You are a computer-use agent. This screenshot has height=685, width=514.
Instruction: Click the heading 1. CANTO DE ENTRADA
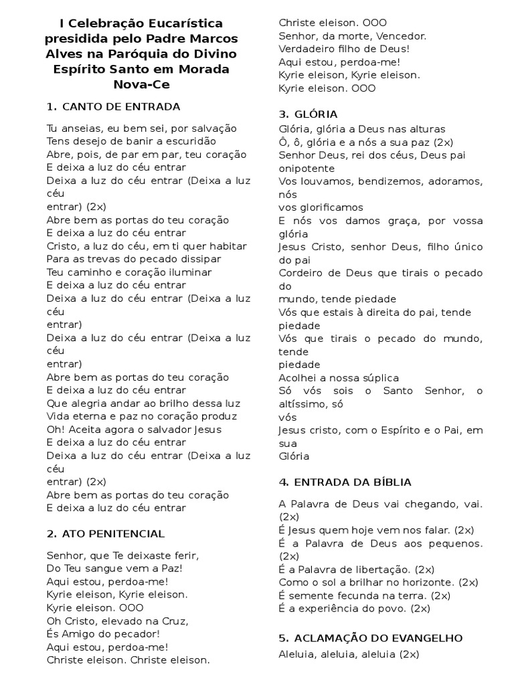(114, 106)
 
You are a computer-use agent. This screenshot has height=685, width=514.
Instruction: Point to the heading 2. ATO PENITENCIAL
(106, 534)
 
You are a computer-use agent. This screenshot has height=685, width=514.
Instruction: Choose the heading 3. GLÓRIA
(308, 114)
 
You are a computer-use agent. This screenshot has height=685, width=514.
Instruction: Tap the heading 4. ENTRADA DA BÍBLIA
(345, 482)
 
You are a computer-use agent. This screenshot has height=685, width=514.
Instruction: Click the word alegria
(91, 403)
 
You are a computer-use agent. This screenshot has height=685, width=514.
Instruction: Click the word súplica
(379, 378)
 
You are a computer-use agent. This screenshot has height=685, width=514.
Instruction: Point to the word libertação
(381, 569)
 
